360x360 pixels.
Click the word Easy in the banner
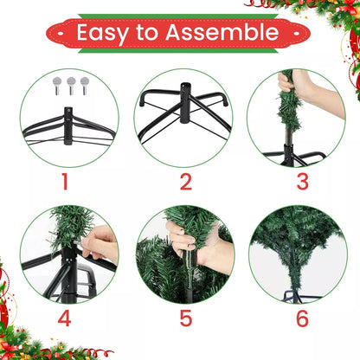pyautogui.click(x=102, y=34)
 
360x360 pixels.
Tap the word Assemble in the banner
pyautogui.click(x=222, y=32)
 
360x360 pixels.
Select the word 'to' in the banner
pyautogui.click(x=147, y=32)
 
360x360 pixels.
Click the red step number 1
pyautogui.click(x=65, y=182)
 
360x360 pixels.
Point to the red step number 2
pyautogui.click(x=186, y=182)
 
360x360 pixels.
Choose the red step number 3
pyautogui.click(x=303, y=182)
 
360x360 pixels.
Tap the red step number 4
pyautogui.click(x=64, y=318)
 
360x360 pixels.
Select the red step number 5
pyautogui.click(x=186, y=318)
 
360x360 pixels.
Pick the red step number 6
pyautogui.click(x=303, y=318)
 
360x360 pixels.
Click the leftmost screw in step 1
pyautogui.click(x=57, y=86)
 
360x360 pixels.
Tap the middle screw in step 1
pyautogui.click(x=71, y=86)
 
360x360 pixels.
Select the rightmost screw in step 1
pyautogui.click(x=85, y=86)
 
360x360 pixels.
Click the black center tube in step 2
pyautogui.click(x=185, y=103)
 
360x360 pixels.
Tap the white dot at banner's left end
pyautogui.click(x=61, y=34)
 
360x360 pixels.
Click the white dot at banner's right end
pyautogui.click(x=296, y=34)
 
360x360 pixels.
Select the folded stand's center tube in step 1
pyautogui.click(x=68, y=125)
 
